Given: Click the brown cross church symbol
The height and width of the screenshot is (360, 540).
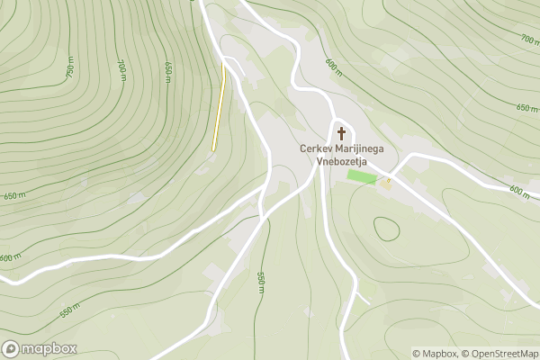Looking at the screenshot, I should point(341,133).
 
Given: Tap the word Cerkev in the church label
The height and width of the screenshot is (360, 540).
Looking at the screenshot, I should point(315,149).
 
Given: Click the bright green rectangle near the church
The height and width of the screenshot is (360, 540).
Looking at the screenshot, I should point(362,176).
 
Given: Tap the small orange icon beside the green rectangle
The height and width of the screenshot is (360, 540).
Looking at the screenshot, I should point(388,183).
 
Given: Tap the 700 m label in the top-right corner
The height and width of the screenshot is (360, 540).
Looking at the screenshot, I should point(528,39).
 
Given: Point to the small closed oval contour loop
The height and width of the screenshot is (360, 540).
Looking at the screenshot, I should point(387,229).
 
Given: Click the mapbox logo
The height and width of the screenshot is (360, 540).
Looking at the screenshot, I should point(40,348).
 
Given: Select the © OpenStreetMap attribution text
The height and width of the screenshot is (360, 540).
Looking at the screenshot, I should point(500,354).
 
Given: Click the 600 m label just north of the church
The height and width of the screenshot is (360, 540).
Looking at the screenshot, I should point(334,67).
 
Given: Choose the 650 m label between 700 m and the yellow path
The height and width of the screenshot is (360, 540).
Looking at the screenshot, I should point(167,72).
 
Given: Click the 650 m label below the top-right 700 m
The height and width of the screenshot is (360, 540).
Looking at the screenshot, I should point(526,107).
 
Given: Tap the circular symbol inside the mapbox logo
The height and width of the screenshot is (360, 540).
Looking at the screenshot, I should point(11,348).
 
